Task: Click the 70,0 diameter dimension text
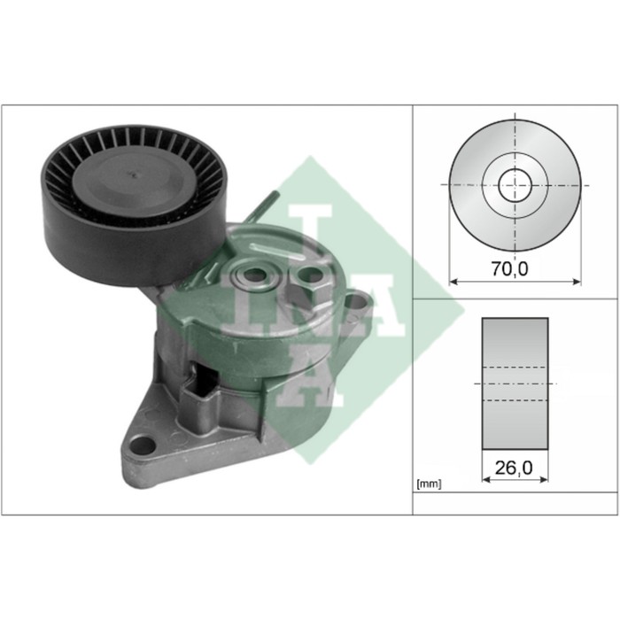click(x=509, y=269)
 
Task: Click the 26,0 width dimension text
click(x=514, y=468)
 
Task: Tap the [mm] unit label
click(x=429, y=484)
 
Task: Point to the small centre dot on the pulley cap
click(x=134, y=174)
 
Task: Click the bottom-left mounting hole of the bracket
click(x=143, y=446)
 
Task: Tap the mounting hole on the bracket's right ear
click(x=359, y=301)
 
